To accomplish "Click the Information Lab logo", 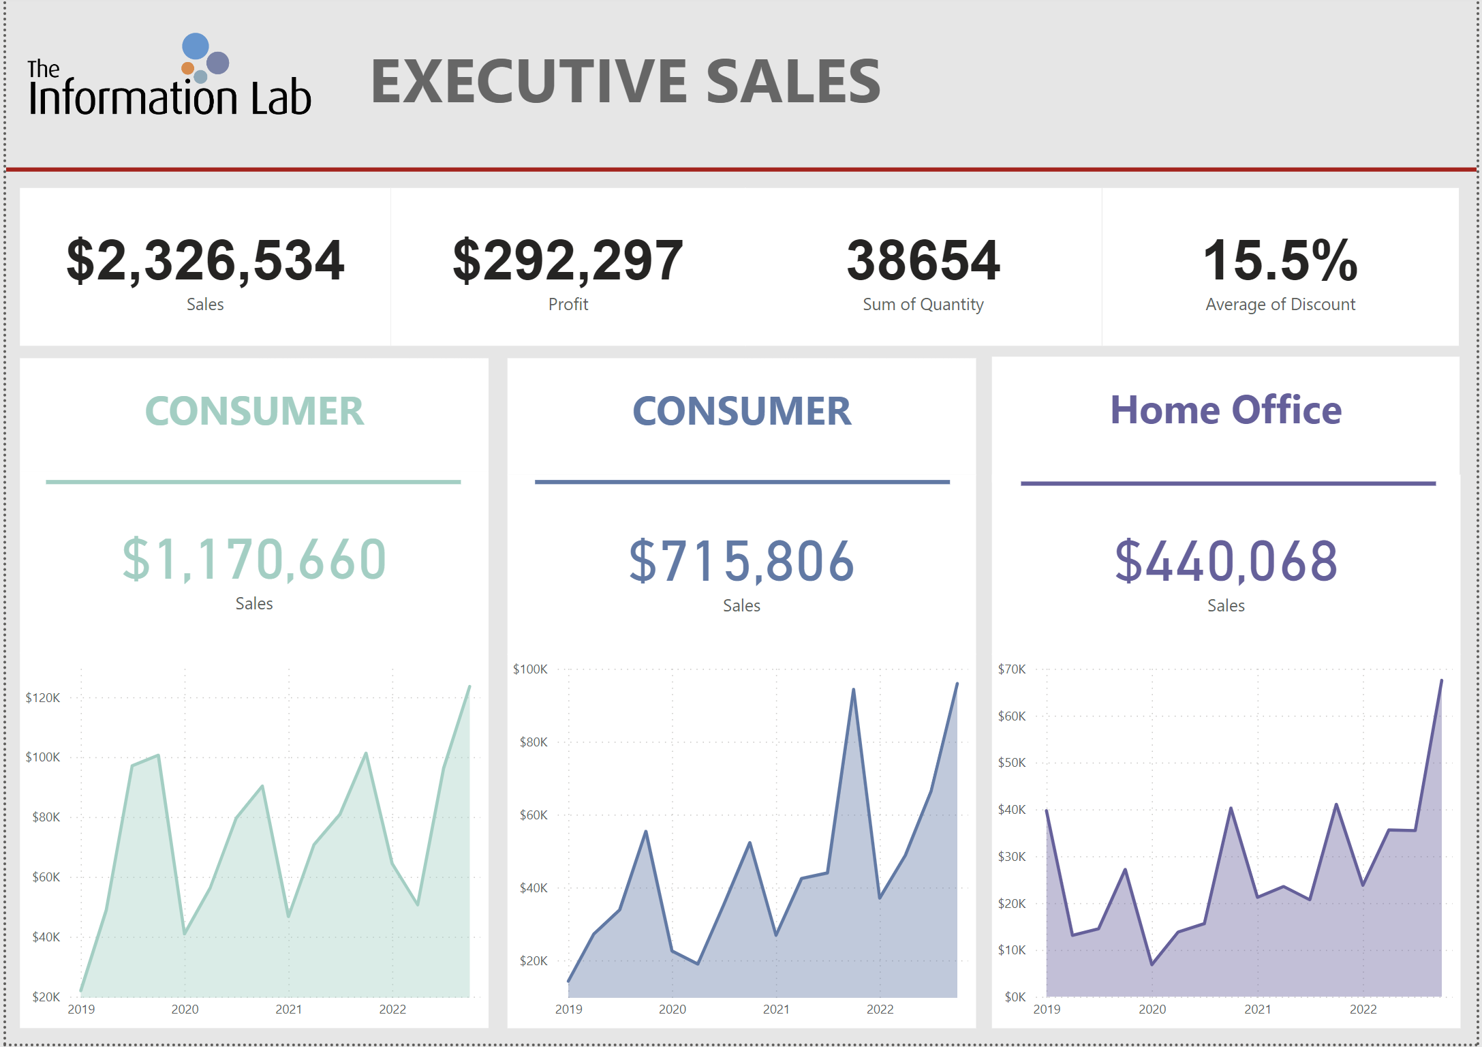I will [169, 76].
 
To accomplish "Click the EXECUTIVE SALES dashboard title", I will [626, 82].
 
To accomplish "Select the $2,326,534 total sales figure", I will [205, 260].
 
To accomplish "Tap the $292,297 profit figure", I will [568, 260].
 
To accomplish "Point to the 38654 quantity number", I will [923, 260].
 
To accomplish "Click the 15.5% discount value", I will [1280, 260].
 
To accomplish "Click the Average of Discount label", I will [1280, 305].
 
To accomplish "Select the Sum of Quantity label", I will [923, 305].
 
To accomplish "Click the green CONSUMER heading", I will [254, 411].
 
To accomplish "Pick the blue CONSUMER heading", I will [741, 411].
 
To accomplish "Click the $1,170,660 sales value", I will [254, 560].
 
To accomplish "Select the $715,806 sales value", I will [741, 562].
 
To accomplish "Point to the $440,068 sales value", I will [1226, 562].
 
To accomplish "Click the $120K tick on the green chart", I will [43, 698].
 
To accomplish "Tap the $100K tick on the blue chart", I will [530, 669].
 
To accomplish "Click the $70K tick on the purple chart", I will [1011, 669].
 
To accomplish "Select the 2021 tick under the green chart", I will [288, 1010].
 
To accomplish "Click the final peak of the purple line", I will [1441, 680].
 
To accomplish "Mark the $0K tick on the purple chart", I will [1015, 997].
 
